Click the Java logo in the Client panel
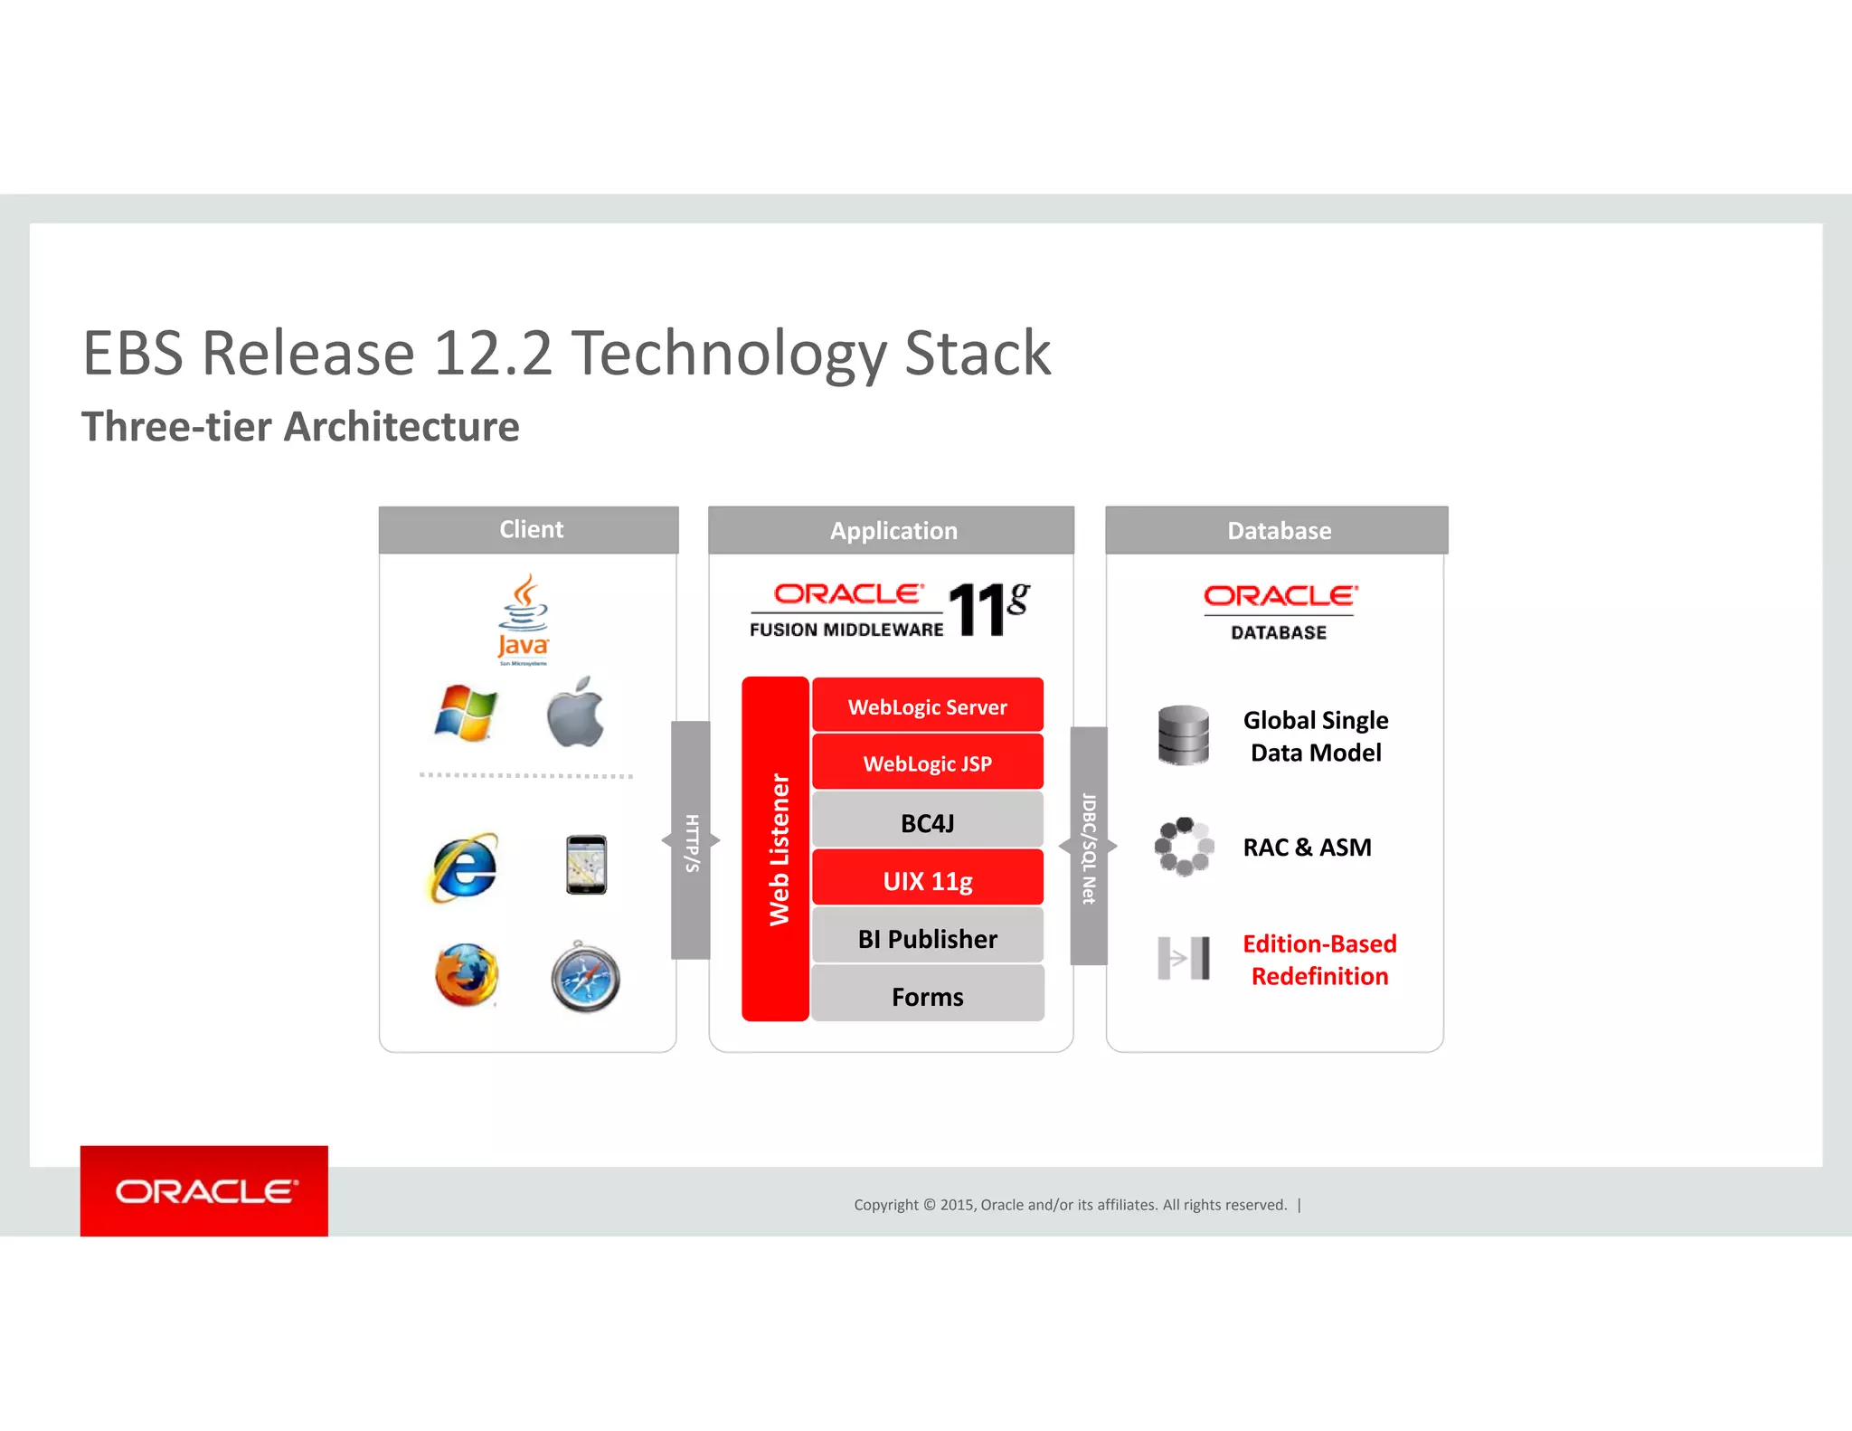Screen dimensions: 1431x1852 click(x=524, y=620)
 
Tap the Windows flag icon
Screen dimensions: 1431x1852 click(x=466, y=713)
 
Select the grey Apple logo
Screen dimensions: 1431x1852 click(x=576, y=713)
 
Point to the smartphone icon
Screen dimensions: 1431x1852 click(x=586, y=865)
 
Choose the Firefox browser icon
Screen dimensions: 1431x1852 click(x=467, y=975)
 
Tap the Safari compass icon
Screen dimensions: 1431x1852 click(x=586, y=978)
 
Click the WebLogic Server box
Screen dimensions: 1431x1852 click(x=927, y=706)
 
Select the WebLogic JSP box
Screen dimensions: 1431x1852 click(x=927, y=763)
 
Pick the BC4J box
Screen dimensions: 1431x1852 click(x=927, y=821)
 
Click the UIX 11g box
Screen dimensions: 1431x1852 click(x=927, y=879)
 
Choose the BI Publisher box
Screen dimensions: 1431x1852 click(x=927, y=937)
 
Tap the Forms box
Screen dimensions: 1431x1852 click(x=927, y=995)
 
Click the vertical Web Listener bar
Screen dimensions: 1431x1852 click(x=776, y=848)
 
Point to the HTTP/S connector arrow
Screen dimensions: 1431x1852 click(x=691, y=841)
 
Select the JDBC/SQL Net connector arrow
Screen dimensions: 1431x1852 click(x=1089, y=847)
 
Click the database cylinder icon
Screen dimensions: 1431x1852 click(x=1183, y=734)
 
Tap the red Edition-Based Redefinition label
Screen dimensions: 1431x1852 click(x=1319, y=959)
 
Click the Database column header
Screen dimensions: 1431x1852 click(x=1277, y=530)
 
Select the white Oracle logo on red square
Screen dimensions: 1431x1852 click(x=204, y=1190)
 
